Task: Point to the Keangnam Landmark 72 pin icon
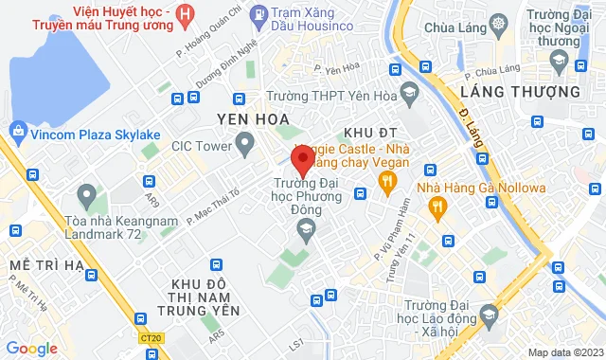coord(87,199)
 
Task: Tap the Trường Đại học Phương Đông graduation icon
coord(306,225)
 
